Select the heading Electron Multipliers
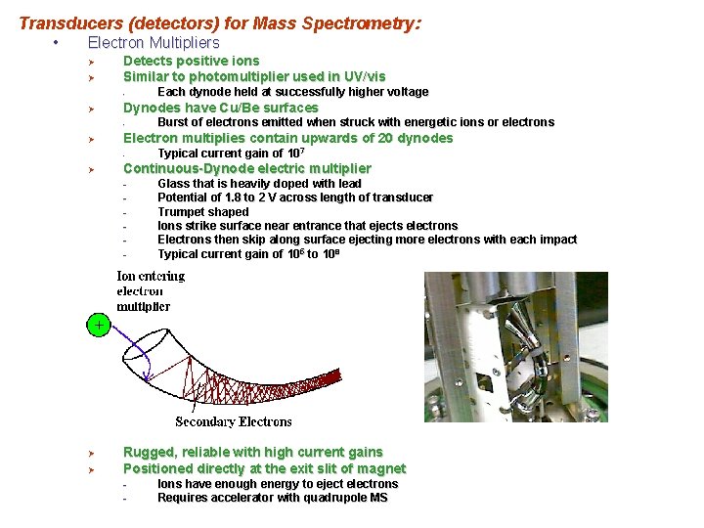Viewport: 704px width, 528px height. (154, 43)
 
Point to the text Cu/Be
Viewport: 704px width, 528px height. (239, 108)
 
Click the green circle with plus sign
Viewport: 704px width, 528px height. (99, 324)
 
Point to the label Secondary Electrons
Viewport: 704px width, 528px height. (233, 421)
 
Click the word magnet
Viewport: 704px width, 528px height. (383, 468)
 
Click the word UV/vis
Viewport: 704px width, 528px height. (364, 76)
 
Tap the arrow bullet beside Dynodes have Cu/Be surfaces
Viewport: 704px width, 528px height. (89, 109)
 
